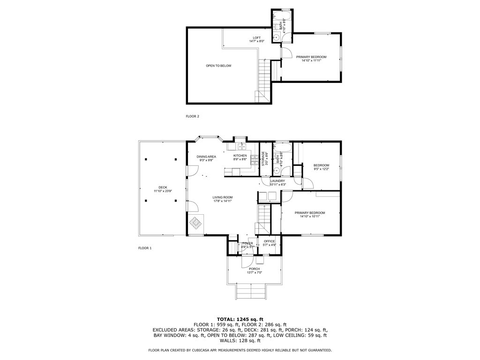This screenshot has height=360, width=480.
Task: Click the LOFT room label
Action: tap(256, 38)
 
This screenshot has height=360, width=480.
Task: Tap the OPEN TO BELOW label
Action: tap(218, 66)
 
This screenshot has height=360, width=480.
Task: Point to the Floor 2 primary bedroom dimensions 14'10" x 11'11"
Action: tap(311, 60)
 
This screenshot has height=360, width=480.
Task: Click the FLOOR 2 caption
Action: tap(193, 116)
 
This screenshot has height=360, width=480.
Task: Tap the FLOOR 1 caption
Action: tap(145, 248)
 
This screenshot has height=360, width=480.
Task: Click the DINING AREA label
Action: tap(206, 157)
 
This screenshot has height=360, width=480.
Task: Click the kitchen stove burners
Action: tap(254, 160)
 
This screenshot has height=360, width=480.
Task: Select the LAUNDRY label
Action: tap(277, 180)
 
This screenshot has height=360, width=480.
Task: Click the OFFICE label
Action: tap(269, 241)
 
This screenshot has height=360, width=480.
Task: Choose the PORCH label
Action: tap(254, 269)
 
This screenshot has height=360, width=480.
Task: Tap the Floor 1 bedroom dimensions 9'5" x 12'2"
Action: tap(321, 169)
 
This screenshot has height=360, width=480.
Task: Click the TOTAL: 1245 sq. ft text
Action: tap(240, 319)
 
